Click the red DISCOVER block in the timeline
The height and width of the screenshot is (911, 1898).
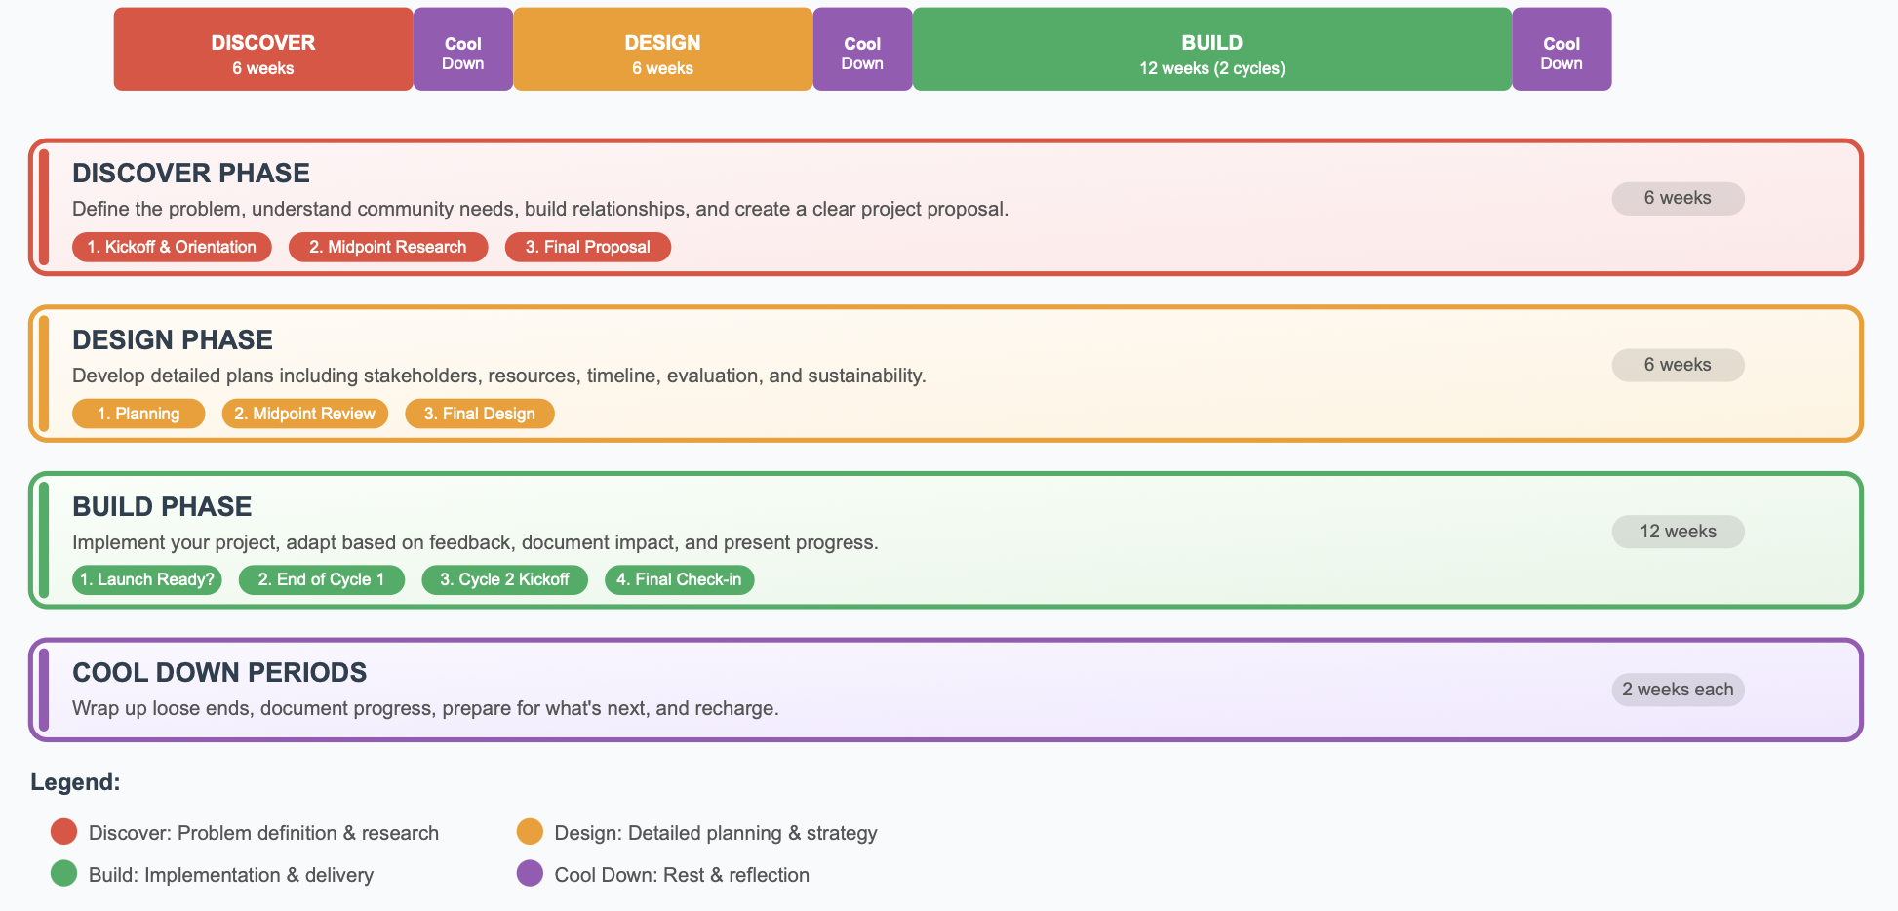point(263,50)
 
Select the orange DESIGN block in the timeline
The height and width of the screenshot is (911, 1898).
point(663,50)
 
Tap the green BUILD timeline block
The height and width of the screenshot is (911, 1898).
point(1212,50)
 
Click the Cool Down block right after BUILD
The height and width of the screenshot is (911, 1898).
point(1562,50)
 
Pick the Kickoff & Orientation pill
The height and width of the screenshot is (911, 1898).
point(172,247)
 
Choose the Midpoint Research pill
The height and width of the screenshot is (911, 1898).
point(388,247)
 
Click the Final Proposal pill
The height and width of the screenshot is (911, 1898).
point(588,247)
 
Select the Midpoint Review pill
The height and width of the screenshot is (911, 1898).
point(305,414)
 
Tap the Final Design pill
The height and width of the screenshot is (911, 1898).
point(480,414)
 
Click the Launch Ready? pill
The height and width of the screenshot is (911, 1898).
point(147,579)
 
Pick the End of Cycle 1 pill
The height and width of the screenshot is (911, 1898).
point(322,579)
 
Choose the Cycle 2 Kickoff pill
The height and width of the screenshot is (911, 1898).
point(505,579)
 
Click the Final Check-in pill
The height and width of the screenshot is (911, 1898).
point(680,579)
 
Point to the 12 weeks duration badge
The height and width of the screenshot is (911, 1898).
point(1678,532)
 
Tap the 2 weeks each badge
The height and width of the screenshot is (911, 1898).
point(1678,690)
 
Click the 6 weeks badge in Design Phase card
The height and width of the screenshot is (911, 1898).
point(1678,365)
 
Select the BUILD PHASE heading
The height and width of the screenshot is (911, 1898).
point(162,507)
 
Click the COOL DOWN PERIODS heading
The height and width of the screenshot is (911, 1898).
point(219,673)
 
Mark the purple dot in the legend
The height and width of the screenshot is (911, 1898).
point(530,873)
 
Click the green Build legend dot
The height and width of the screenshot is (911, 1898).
point(64,873)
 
